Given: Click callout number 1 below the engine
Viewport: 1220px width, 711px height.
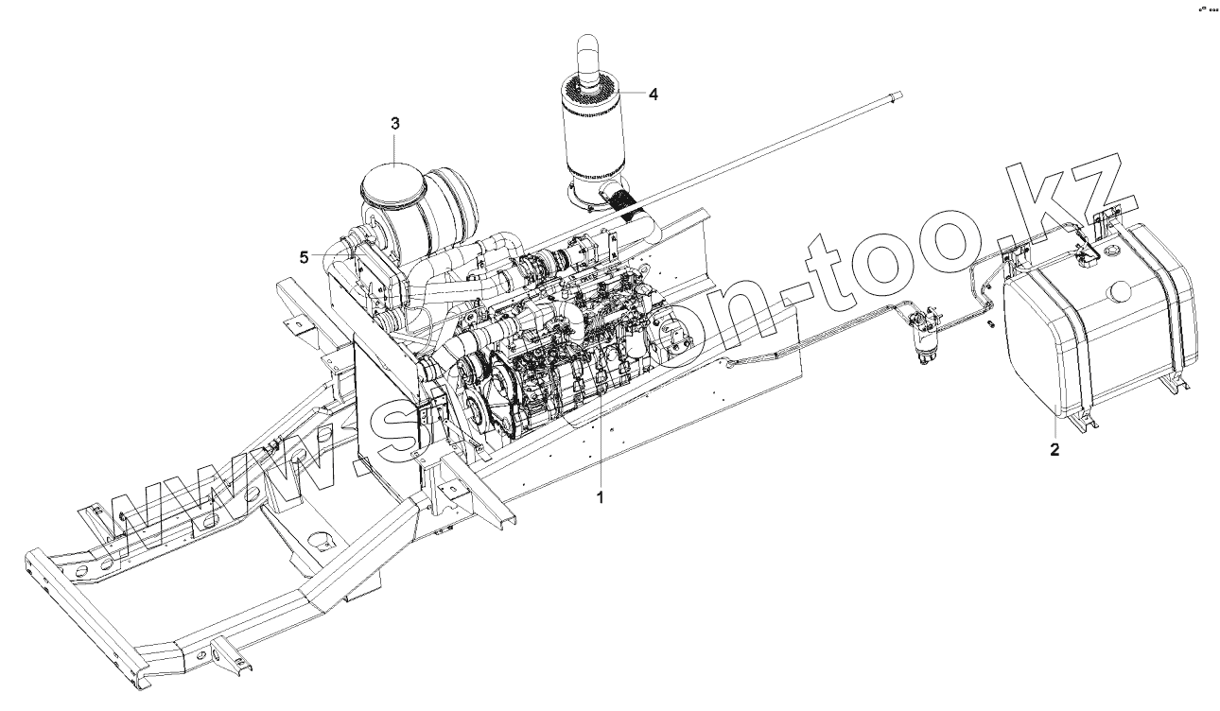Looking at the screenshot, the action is pos(600,494).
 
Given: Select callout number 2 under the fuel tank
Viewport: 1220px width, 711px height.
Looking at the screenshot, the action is pos(1054,450).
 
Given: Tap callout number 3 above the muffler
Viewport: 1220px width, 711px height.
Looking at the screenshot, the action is pos(395,124).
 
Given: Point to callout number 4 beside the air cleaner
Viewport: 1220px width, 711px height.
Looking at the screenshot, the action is pos(653,95).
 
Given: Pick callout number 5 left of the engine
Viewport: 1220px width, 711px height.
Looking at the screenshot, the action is pos(304,255).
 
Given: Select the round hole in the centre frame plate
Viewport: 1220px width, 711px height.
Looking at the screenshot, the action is pos(319,542).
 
